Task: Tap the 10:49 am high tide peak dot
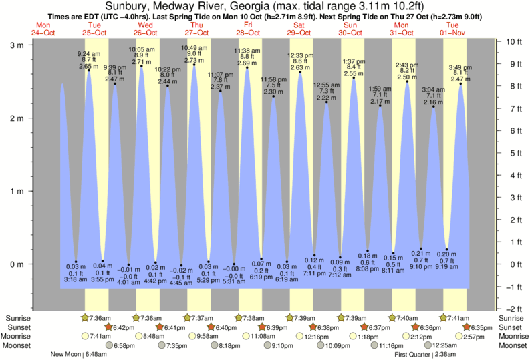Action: tap(194, 65)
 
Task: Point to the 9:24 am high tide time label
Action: tap(89, 53)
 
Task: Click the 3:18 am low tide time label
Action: tap(76, 279)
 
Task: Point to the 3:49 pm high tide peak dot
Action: tap(460, 84)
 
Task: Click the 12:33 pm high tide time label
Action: tap(300, 55)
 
